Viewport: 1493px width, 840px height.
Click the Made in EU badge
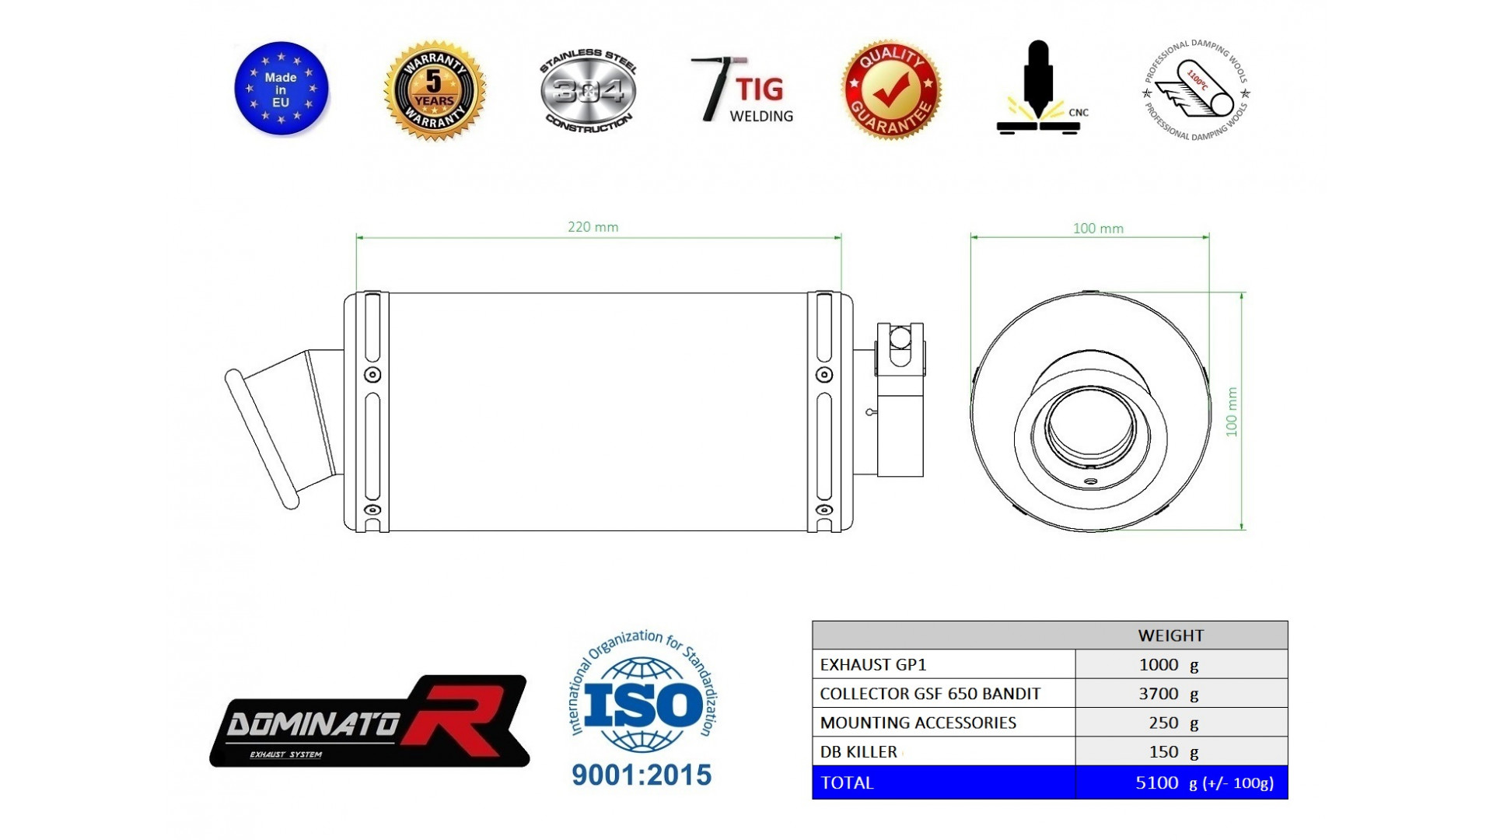click(x=281, y=88)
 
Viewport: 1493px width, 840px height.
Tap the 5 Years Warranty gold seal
click(x=434, y=91)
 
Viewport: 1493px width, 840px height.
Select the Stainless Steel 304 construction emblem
click(x=588, y=90)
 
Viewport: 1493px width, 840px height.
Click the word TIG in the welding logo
click(x=760, y=89)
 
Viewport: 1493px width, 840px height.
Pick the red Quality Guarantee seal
click(x=891, y=90)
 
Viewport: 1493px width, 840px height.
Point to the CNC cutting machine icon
click(x=1039, y=87)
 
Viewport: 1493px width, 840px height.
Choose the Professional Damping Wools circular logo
click(x=1196, y=90)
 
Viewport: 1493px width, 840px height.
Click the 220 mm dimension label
click(x=593, y=227)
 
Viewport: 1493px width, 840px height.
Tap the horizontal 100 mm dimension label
click(x=1098, y=229)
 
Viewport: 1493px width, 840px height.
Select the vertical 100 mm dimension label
click(x=1231, y=411)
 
